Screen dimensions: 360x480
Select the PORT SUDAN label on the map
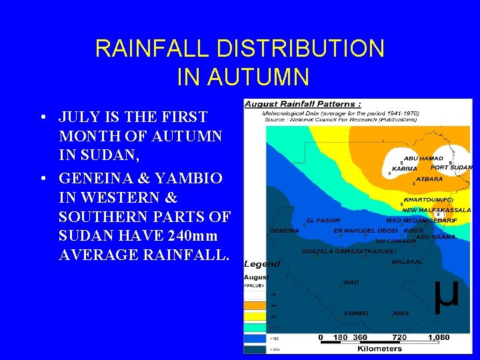click(x=451, y=167)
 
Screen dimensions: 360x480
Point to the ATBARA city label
click(x=429, y=179)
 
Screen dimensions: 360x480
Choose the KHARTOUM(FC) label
click(x=428, y=199)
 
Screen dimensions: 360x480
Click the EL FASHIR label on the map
click(x=323, y=220)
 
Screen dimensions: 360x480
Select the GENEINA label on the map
click(x=284, y=230)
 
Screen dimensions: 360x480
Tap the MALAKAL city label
click(x=407, y=262)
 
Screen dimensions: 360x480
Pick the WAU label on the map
click(x=351, y=282)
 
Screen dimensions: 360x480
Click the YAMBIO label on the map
click(x=355, y=313)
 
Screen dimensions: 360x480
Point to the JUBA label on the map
click(x=400, y=313)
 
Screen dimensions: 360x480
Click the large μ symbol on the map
click(x=446, y=293)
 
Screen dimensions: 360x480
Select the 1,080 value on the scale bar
click(x=438, y=337)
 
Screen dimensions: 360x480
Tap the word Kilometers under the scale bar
click(x=380, y=348)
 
